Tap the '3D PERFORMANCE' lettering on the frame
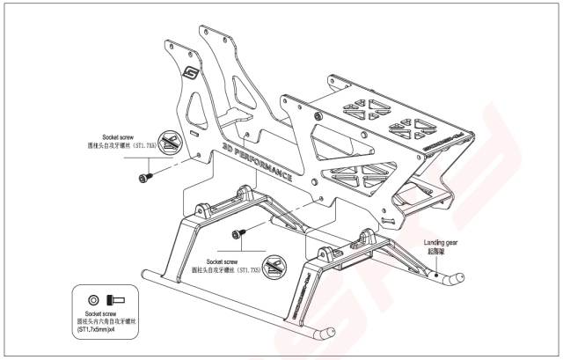coord(258,158)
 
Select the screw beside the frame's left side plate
coord(143,179)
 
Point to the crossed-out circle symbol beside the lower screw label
coord(274,262)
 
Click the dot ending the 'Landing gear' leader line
coord(435,273)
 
